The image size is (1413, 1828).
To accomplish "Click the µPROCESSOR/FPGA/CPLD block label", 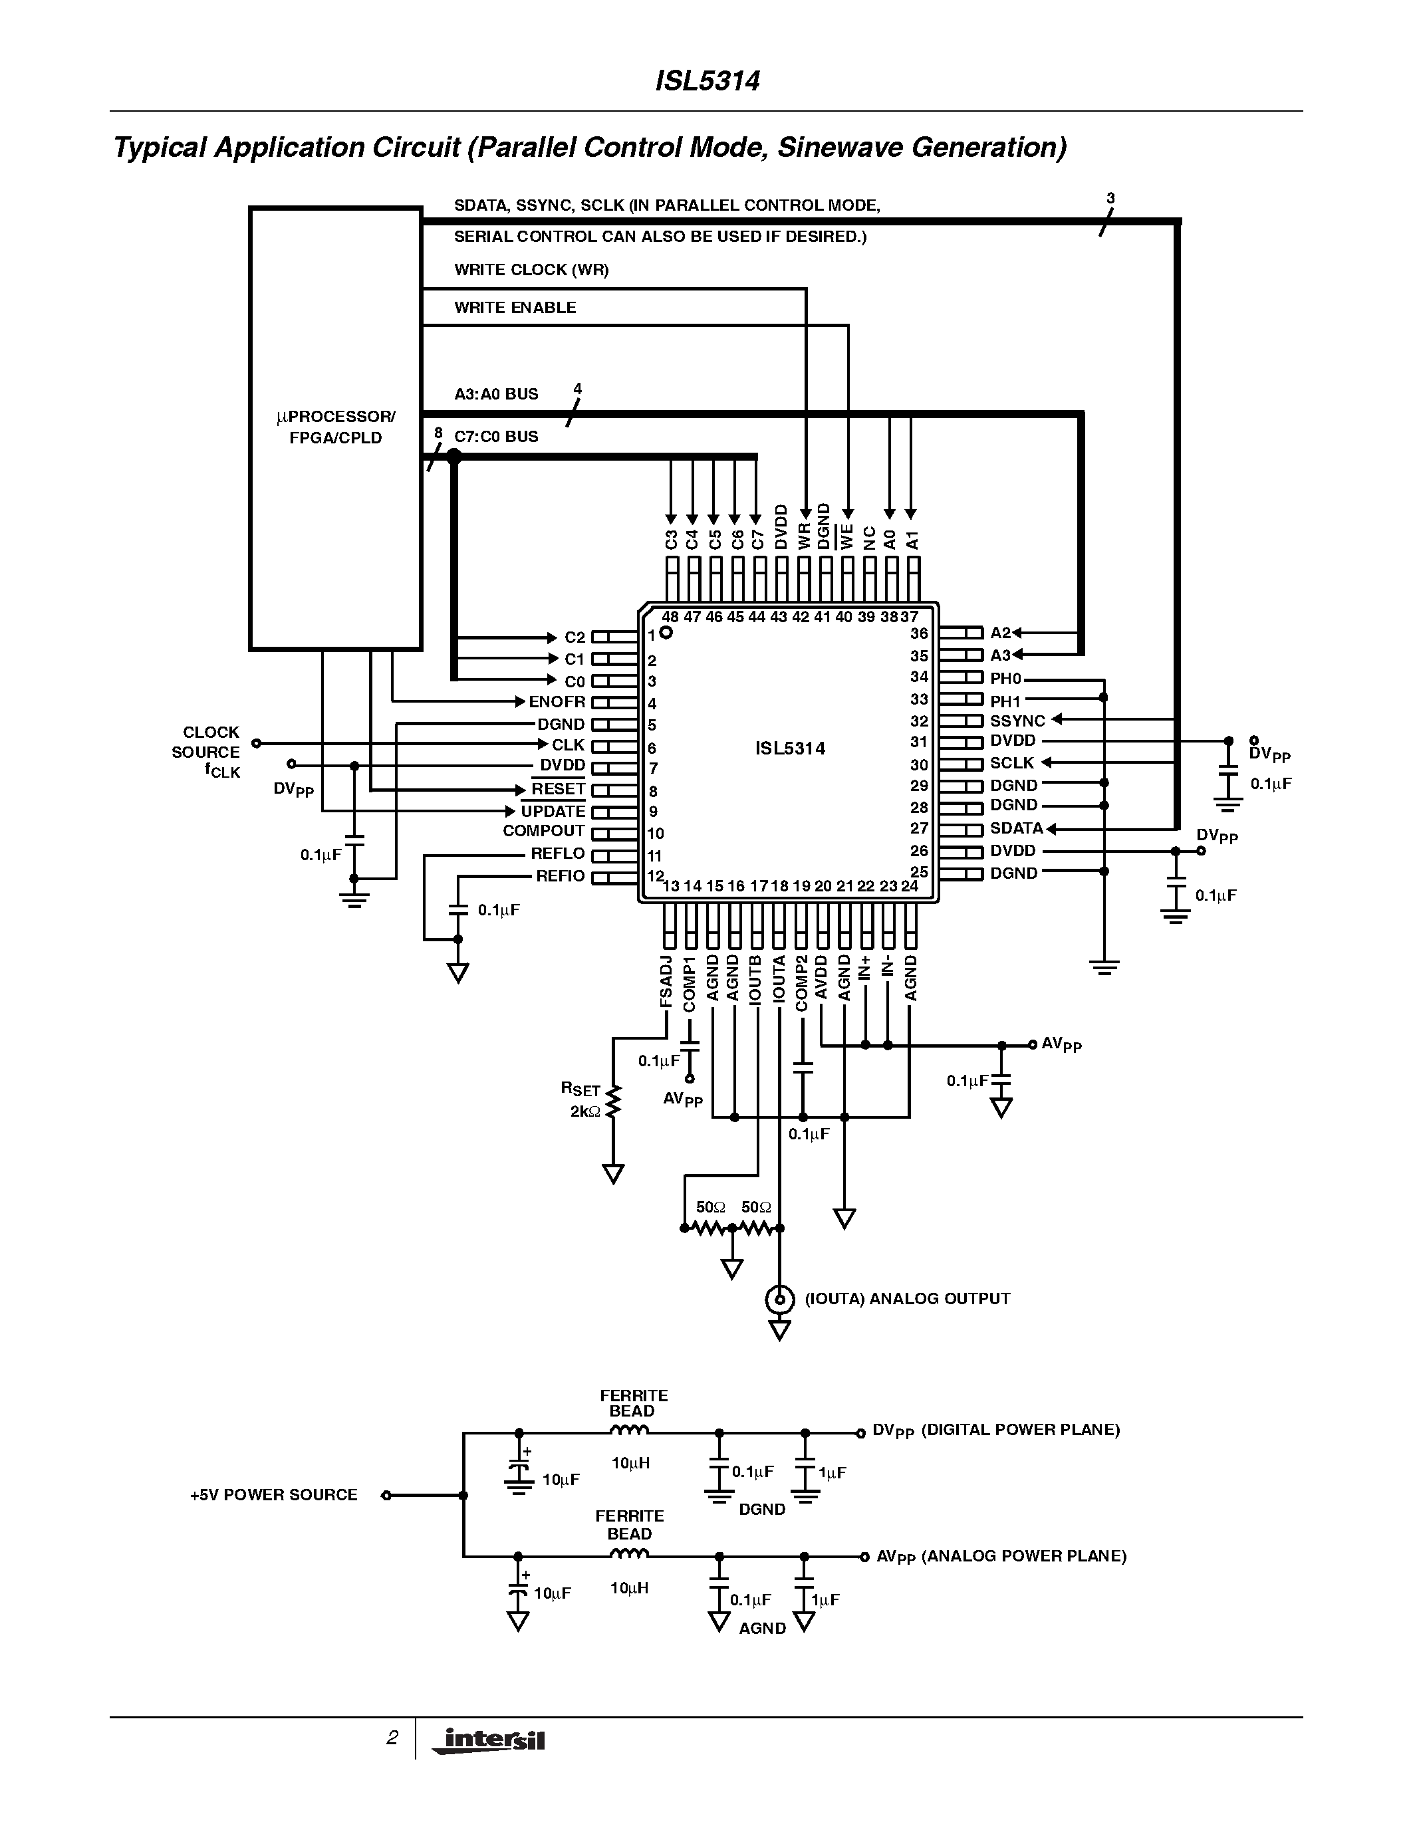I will (336, 427).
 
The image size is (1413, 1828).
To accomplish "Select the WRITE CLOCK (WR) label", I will (531, 269).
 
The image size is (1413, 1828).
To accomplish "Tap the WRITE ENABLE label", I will (515, 307).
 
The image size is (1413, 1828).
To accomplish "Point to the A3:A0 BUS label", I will (495, 394).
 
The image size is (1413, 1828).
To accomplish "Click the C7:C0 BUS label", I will (495, 436).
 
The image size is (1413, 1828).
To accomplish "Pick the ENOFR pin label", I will (557, 701).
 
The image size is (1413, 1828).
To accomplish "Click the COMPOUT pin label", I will (543, 830).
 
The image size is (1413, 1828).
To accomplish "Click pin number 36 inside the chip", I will (919, 633).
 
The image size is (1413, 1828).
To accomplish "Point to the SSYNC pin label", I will (1017, 721).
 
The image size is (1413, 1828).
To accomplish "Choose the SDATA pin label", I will (1016, 828).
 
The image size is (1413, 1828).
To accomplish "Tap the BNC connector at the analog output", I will (779, 1299).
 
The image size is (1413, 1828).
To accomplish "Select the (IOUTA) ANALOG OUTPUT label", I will (906, 1299).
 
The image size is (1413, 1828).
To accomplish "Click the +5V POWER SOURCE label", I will (274, 1495).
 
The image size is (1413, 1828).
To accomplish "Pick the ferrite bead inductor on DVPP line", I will (630, 1432).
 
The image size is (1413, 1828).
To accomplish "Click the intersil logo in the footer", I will (489, 1740).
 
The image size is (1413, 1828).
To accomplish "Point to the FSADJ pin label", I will (666, 981).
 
